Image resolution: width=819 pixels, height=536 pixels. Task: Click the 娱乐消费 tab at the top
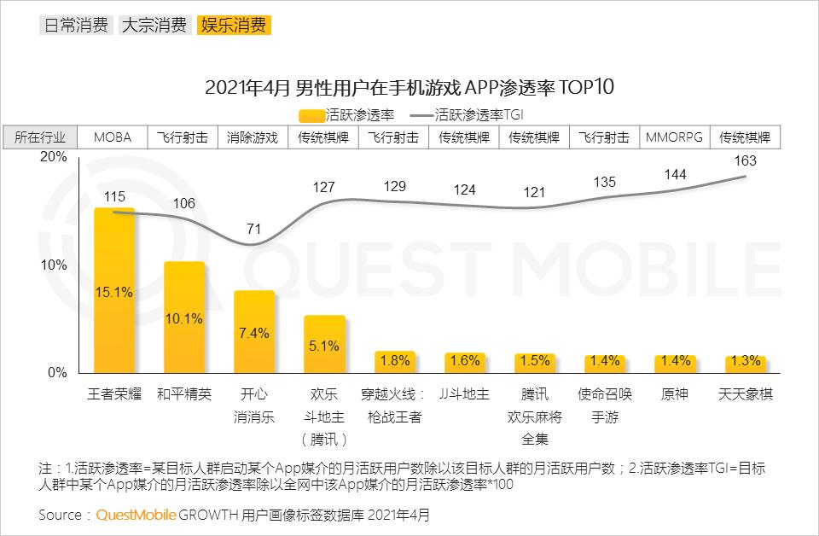tap(233, 25)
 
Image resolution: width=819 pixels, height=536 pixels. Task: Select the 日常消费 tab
tap(75, 25)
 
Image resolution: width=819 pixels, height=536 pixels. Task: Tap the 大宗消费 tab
tap(154, 25)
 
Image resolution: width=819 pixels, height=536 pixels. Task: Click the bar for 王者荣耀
tap(114, 290)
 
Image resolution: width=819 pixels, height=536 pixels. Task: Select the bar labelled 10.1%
tap(184, 318)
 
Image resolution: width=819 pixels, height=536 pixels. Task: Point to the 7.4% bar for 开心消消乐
tap(254, 331)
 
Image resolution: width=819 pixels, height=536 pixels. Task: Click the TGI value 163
tap(745, 160)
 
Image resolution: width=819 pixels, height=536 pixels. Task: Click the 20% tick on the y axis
tap(53, 158)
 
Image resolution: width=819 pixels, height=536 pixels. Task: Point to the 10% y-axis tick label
tap(53, 265)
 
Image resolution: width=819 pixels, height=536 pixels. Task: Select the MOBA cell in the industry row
tap(113, 137)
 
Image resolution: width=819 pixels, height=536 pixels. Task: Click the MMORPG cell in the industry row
tap(675, 137)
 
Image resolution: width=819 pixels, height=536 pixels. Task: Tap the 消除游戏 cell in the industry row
tap(253, 137)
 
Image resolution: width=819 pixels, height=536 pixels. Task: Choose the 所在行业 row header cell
tap(40, 137)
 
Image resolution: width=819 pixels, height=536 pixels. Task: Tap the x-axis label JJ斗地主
tap(464, 395)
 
